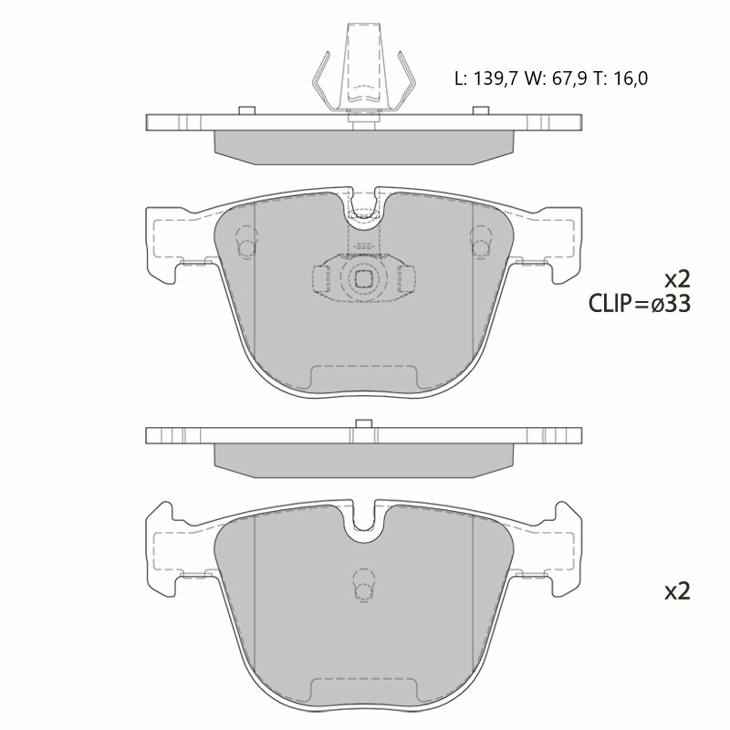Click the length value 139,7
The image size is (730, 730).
(495, 78)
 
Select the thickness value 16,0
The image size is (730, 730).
(630, 78)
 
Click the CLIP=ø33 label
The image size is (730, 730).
(640, 305)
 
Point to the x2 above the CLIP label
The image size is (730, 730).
(677, 280)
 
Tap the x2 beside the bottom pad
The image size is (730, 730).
(677, 591)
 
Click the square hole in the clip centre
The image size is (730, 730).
(363, 278)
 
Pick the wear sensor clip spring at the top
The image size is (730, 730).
(363, 70)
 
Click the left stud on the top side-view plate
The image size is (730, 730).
(246, 110)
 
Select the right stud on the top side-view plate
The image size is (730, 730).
(482, 110)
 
